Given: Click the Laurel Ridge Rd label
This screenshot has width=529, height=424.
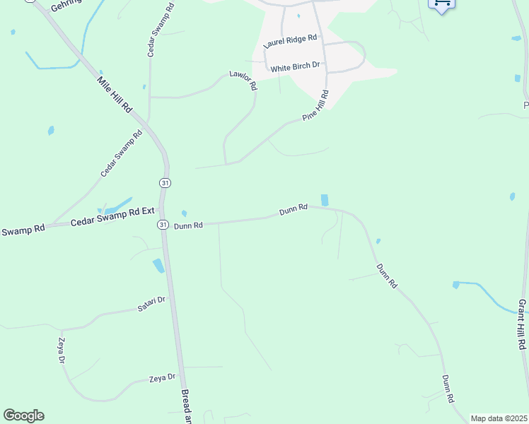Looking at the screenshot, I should (x=290, y=42).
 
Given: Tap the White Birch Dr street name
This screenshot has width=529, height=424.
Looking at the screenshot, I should (x=296, y=68).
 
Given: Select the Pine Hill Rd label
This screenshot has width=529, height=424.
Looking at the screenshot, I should (x=315, y=106).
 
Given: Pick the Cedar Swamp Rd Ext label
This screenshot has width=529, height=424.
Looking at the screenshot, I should (x=112, y=222).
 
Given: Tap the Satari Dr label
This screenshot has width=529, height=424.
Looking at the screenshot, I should (x=151, y=305).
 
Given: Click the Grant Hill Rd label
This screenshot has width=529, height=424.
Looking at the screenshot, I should (x=522, y=324).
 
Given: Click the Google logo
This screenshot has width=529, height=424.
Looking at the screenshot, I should (x=23, y=416).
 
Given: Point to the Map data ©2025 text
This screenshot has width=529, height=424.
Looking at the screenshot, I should (x=499, y=418).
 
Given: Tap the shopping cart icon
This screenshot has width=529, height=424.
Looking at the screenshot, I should (x=442, y=4).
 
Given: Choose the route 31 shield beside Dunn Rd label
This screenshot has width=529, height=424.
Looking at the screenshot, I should (x=163, y=225).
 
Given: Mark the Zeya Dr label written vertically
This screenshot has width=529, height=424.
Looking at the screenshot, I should (x=62, y=351).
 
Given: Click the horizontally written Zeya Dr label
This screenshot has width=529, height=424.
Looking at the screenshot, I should (x=162, y=378).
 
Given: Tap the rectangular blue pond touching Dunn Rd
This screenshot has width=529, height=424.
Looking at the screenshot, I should (x=325, y=201).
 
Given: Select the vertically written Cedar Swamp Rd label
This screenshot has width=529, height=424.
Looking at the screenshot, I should (x=151, y=35).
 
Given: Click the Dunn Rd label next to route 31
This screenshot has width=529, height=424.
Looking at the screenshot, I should (x=189, y=225).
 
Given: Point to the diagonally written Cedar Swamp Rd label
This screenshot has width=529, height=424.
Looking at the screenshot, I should (x=121, y=153).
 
